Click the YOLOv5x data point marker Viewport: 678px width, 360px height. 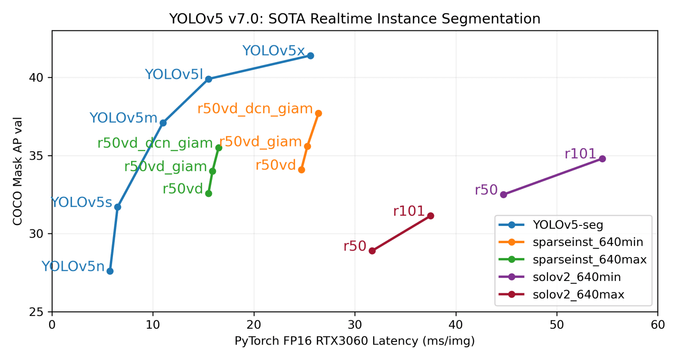click(x=310, y=56)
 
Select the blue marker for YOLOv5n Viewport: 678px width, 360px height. click(x=110, y=271)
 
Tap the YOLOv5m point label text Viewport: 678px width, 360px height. click(x=123, y=118)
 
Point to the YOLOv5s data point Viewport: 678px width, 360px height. click(x=117, y=207)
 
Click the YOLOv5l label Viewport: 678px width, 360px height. click(x=174, y=75)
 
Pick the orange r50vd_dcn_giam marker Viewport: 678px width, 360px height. click(x=318, y=113)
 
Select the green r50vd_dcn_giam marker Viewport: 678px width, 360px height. click(x=218, y=148)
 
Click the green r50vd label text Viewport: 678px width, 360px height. click(x=183, y=189)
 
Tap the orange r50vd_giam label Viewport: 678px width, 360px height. click(x=260, y=142)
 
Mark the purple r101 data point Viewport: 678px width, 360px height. click(x=602, y=159)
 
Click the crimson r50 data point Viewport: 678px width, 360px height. click(x=372, y=251)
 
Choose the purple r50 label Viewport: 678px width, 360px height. click(x=486, y=190)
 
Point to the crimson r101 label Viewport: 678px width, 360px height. click(x=409, y=211)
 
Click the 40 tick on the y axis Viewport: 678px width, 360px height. click(x=40, y=78)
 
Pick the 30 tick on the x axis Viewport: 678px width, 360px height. click(x=355, y=325)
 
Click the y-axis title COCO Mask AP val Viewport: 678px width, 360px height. click(x=18, y=171)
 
